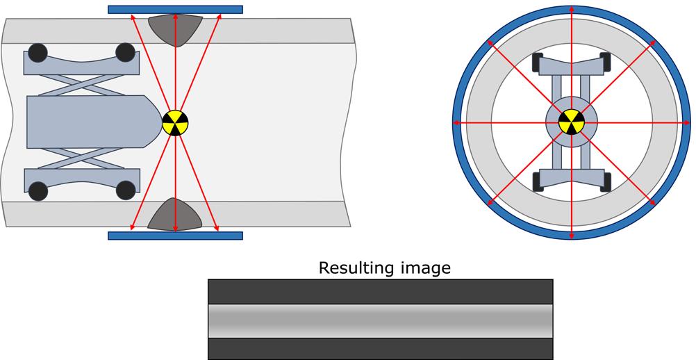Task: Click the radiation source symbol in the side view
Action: click(x=175, y=123)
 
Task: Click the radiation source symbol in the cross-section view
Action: click(x=571, y=123)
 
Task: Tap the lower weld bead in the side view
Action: click(x=175, y=215)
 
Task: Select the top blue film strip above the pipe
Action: click(x=175, y=10)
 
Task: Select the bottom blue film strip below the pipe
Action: click(x=175, y=236)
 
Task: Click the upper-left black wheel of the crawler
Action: click(x=38, y=53)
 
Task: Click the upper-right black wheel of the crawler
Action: click(x=125, y=53)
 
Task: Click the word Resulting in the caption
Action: click(x=355, y=268)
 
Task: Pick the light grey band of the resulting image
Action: click(x=381, y=321)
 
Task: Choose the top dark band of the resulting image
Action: click(x=381, y=291)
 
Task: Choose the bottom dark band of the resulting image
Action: click(x=381, y=347)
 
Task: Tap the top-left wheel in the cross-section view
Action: click(x=538, y=63)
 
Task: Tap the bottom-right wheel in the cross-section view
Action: click(x=605, y=183)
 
